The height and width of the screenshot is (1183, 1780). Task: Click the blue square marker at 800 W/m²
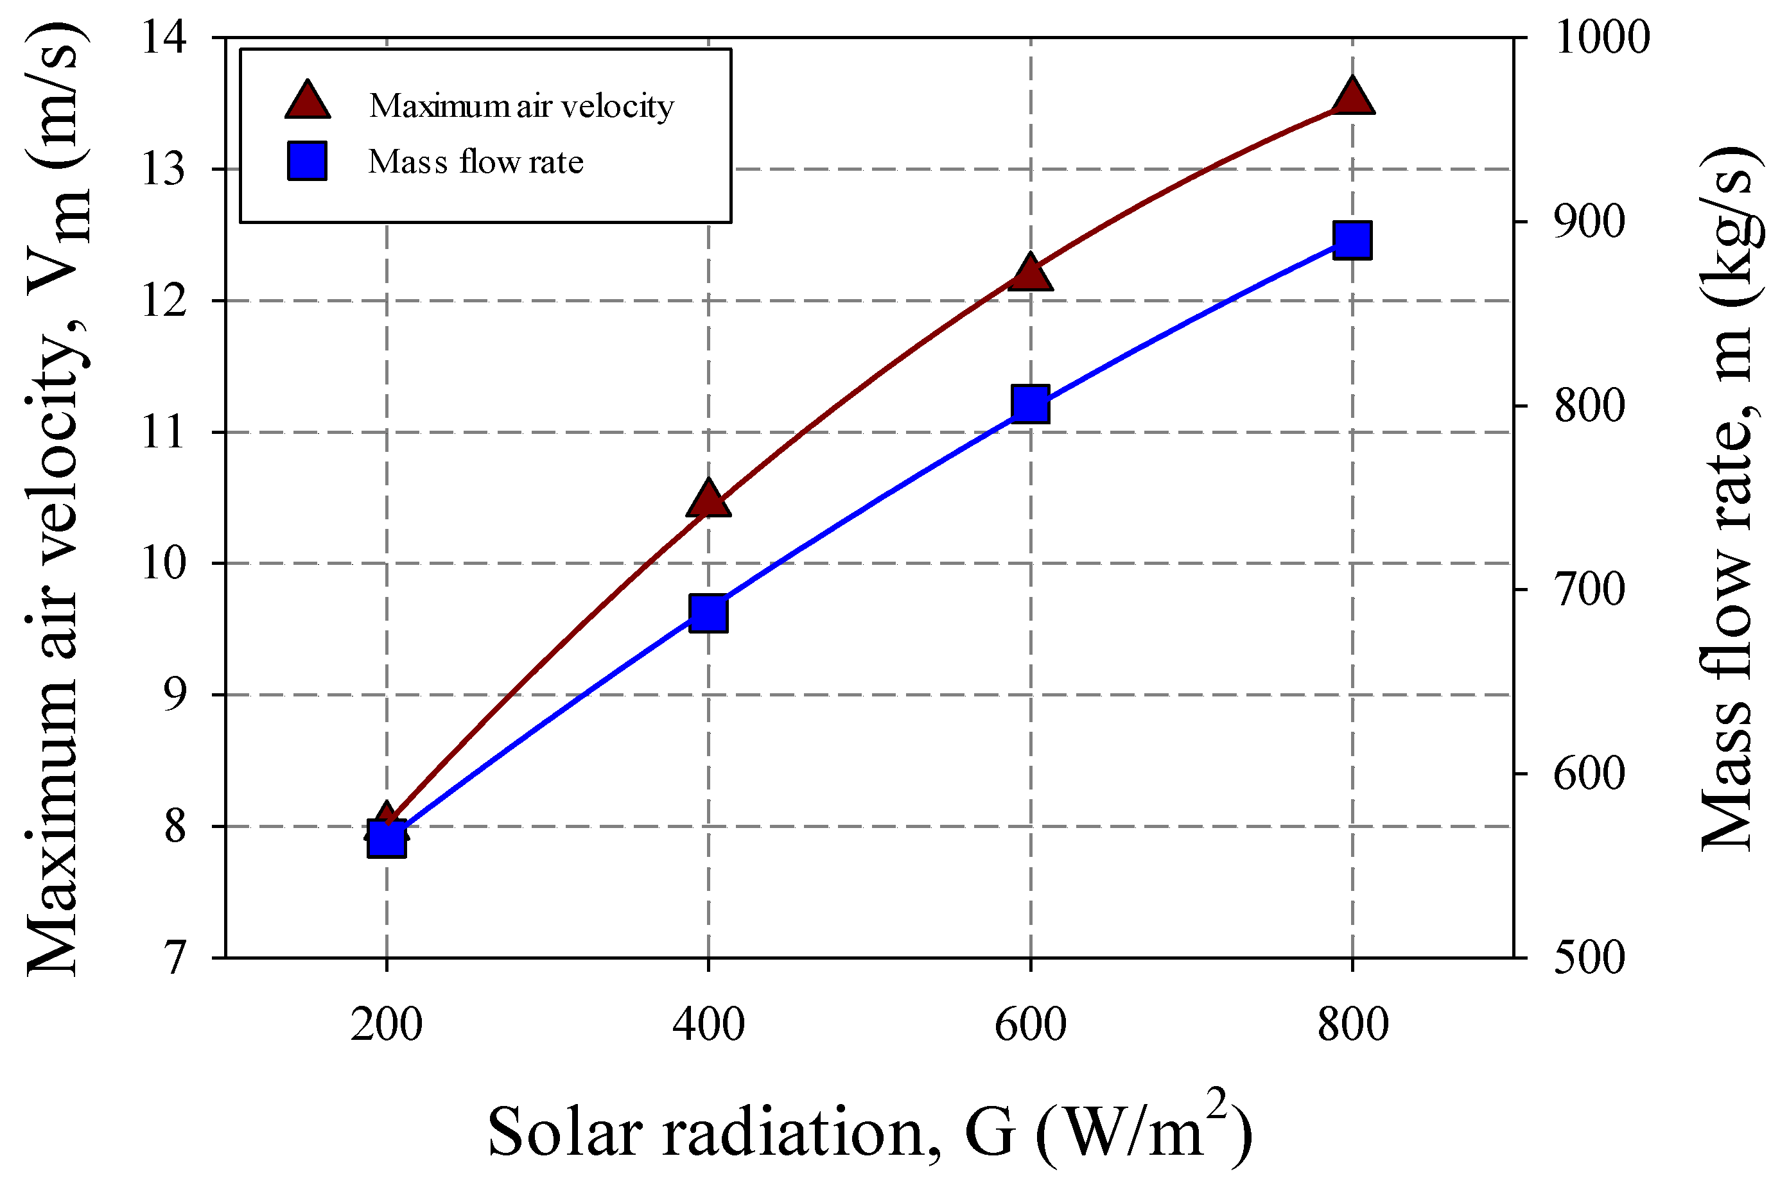point(1352,240)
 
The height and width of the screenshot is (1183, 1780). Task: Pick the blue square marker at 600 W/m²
point(1030,403)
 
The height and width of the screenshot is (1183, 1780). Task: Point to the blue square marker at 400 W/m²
point(708,612)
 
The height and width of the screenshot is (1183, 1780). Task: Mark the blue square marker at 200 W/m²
point(387,839)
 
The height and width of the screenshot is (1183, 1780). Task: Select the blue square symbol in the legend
point(307,160)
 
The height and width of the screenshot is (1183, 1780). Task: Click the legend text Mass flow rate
point(475,162)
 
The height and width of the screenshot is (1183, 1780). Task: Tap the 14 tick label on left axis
point(164,38)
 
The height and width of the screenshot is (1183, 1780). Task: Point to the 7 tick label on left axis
point(175,959)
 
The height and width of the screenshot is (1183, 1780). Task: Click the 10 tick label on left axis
point(164,564)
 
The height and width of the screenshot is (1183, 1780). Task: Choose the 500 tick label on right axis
point(1589,958)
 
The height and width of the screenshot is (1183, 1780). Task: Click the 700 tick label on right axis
point(1589,590)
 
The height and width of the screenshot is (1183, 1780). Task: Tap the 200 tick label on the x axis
point(387,1024)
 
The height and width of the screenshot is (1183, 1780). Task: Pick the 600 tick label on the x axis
point(1030,1024)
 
